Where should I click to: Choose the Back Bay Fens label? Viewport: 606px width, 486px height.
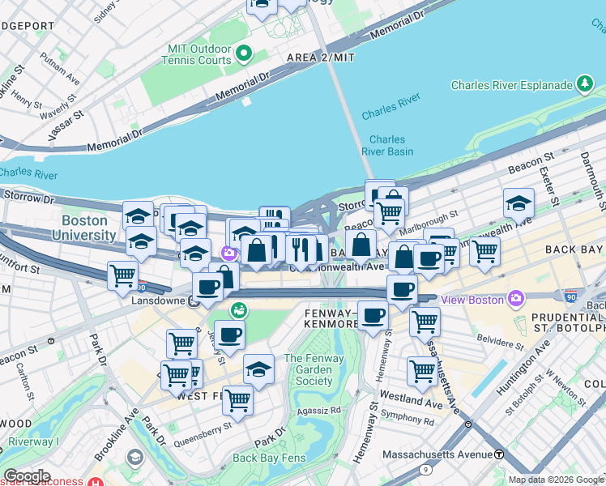point(269,458)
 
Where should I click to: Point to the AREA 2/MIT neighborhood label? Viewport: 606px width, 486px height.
point(321,58)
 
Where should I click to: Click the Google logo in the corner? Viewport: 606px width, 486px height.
point(27,476)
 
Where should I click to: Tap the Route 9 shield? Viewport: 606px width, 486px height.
point(426,470)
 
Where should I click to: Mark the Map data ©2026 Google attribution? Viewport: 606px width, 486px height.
point(556,480)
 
